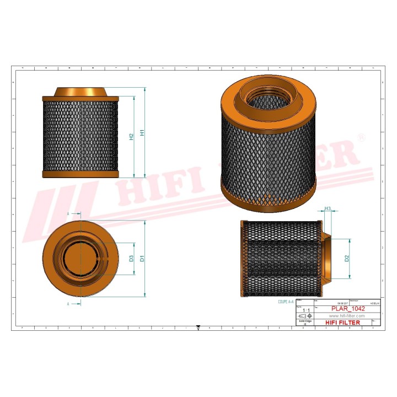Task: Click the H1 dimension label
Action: point(142,133)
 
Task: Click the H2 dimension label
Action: point(131,136)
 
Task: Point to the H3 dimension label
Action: point(328,208)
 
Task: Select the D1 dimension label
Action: point(142,258)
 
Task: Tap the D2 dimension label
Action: point(347,257)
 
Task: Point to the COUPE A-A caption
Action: point(287,302)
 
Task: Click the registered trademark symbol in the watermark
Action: point(361,136)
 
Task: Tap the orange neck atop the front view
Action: point(81,92)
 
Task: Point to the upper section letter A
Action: point(68,212)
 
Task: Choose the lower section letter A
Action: point(68,304)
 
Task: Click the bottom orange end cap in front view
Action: point(81,174)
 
